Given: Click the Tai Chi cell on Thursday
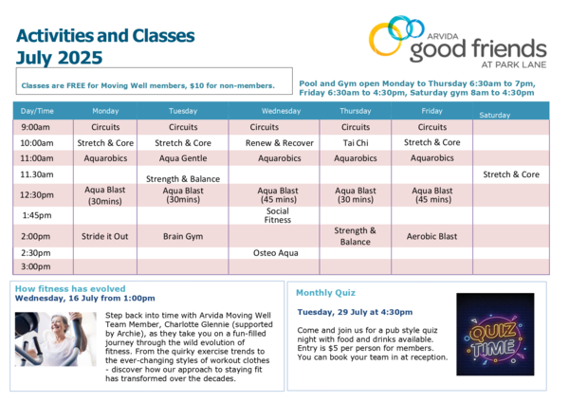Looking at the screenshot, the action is pos(356,143).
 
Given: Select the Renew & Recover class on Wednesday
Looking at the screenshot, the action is pos(280,143).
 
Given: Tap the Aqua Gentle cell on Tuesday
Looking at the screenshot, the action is pos(183,158).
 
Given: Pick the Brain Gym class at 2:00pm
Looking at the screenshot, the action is pos(183,236).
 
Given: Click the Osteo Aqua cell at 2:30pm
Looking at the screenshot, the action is pos(275,253).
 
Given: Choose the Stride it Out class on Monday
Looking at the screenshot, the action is pos(105,236).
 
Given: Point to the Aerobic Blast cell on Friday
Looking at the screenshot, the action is pos(431,236).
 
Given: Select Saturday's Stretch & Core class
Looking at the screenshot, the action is pos(511,174).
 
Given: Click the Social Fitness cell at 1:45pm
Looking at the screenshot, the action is pos(278,215).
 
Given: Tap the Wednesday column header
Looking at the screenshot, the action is pos(282,111).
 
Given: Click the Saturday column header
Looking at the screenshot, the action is pos(495,115).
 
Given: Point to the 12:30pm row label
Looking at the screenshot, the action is pos(37,194).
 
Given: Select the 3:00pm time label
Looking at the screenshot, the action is pos(36,266).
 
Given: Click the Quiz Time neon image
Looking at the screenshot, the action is pos(495,334).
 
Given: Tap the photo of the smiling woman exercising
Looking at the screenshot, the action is pos(56,338).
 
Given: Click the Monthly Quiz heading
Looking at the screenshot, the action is pos(325,293).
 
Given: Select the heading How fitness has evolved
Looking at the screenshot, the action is pos(70,289).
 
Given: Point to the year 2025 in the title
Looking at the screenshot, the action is pos(80,58).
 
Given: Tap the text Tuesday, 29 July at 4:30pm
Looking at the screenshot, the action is pos(355,312).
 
